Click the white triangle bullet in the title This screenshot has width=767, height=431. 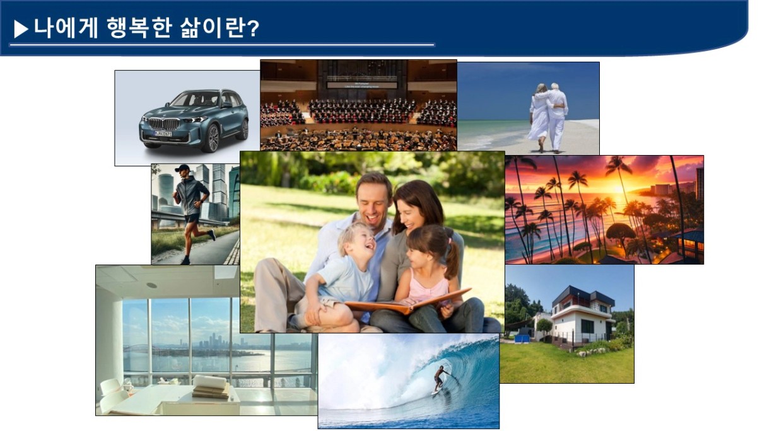click(21, 29)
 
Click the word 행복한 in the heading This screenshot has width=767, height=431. click(139, 28)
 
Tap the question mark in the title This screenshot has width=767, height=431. click(253, 28)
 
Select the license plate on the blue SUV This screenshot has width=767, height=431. click(163, 134)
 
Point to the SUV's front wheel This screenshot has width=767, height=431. click(210, 139)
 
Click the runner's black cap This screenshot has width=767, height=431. click(182, 168)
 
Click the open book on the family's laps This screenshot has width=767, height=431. click(407, 302)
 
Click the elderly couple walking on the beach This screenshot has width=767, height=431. click(548, 117)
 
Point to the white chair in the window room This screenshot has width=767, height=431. click(114, 397)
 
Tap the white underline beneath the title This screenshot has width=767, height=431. click(222, 45)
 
